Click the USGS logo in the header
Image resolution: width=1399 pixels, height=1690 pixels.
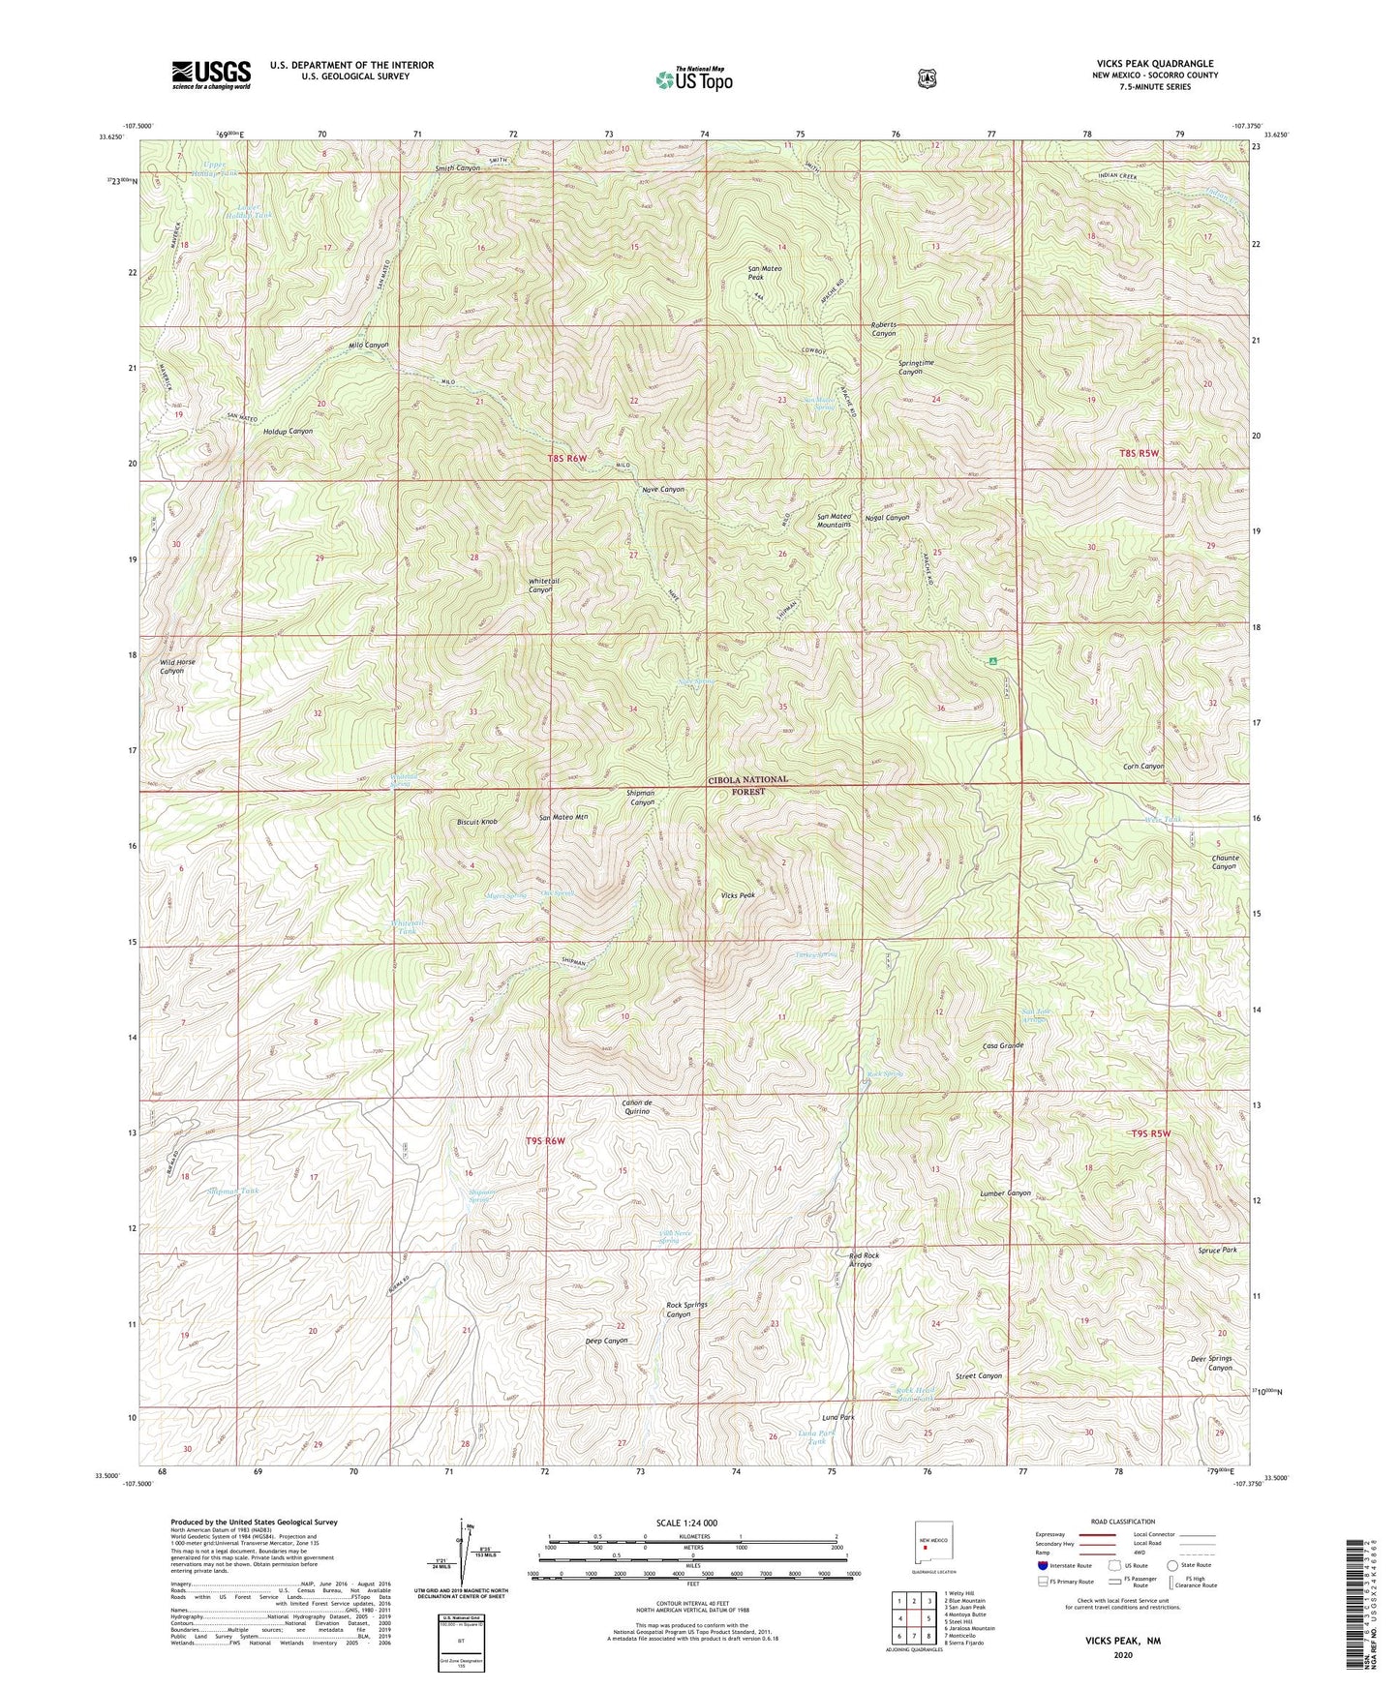211,75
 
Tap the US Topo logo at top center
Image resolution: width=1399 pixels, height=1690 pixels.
691,79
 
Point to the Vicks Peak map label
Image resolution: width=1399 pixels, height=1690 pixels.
737,895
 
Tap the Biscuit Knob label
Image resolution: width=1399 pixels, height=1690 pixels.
476,822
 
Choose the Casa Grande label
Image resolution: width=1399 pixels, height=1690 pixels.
1003,1045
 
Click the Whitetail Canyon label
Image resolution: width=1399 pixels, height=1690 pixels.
540,585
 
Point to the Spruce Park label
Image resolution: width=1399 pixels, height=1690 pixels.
1216,1250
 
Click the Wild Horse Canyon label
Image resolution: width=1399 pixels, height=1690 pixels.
177,666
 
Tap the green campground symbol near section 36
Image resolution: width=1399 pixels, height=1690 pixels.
992,662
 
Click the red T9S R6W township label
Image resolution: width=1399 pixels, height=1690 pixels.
542,1141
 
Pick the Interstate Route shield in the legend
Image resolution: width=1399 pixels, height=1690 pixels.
1043,1564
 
